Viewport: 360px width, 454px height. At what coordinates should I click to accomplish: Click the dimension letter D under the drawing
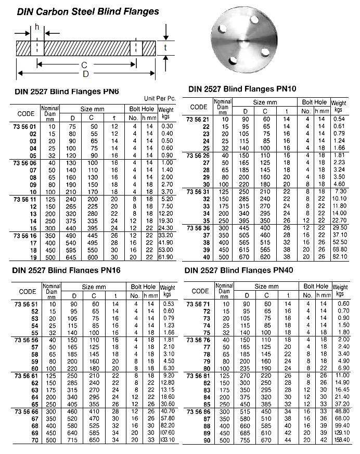click(85, 74)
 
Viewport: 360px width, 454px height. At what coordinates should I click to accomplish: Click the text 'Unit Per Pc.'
click(157, 98)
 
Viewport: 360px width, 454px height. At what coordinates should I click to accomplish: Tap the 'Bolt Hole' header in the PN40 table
click(315, 286)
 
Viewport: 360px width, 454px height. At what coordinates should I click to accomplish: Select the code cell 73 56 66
click(26, 411)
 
